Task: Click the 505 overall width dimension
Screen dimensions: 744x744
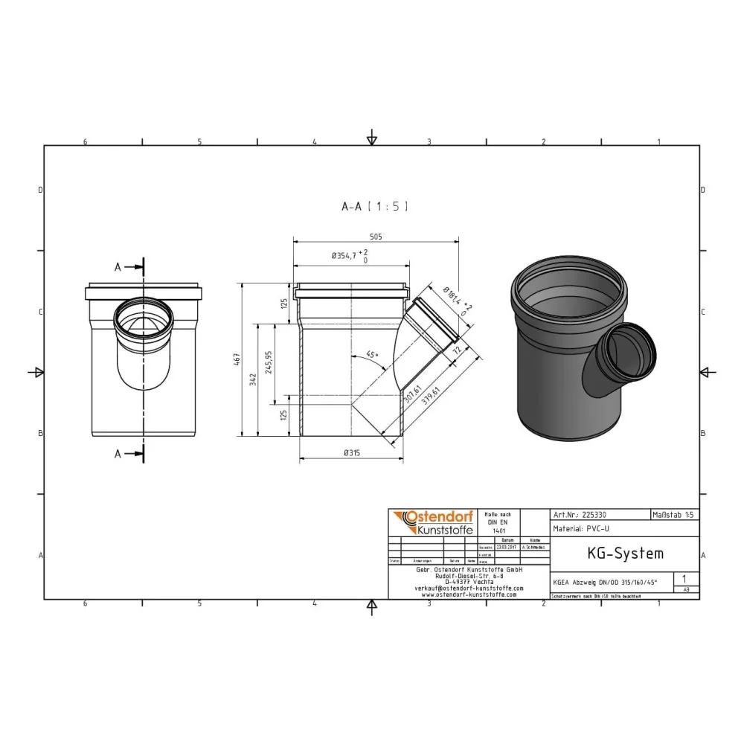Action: [376, 236]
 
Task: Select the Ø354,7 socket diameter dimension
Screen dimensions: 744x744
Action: [347, 256]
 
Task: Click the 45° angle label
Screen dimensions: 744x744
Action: [371, 355]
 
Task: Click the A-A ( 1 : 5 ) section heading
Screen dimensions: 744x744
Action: [374, 206]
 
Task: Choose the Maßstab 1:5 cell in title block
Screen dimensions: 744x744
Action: [674, 514]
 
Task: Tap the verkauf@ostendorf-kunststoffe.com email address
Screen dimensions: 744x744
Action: [469, 588]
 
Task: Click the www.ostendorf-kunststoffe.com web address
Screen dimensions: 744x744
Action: [469, 594]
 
